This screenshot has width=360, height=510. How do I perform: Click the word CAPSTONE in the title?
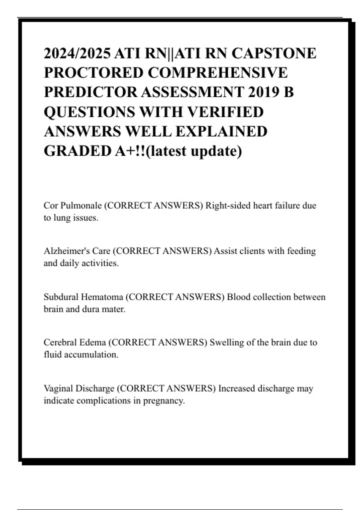point(274,53)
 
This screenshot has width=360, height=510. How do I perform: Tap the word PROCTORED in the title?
point(93,73)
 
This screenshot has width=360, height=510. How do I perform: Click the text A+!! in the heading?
point(131,151)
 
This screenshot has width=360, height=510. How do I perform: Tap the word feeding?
point(301,251)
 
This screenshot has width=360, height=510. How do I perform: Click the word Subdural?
point(61,297)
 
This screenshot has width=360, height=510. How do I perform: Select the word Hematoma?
point(102,297)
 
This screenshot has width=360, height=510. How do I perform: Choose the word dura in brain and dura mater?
point(91,309)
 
